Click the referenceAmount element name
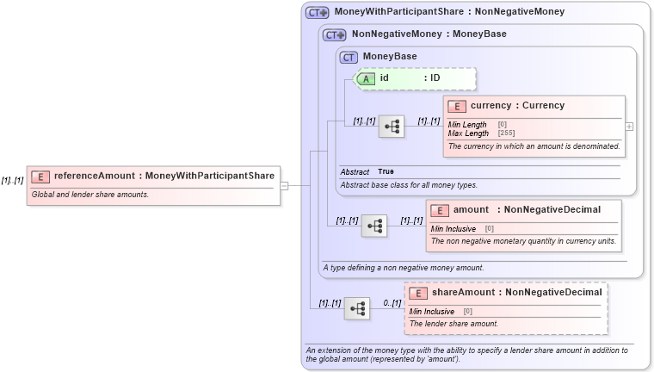[95, 177]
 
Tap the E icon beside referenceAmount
[40, 177]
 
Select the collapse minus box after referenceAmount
[283, 184]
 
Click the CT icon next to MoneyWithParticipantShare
[318, 13]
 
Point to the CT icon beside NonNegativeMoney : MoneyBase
[334, 35]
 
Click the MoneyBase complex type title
[389, 57]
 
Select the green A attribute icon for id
[365, 78]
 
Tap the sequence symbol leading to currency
[392, 127]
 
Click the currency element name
[491, 106]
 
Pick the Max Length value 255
[506, 133]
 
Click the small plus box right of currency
[630, 126]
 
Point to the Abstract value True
[386, 172]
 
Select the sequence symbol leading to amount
[374, 226]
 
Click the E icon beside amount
[440, 210]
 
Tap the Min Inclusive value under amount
[489, 229]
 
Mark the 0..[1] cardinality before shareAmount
[392, 303]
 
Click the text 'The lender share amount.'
[453, 324]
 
